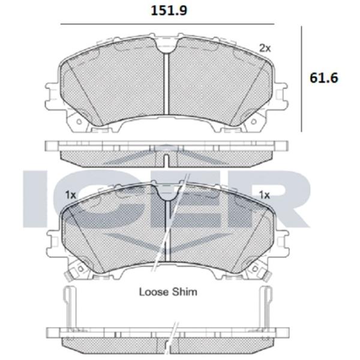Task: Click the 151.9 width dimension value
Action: click(x=169, y=11)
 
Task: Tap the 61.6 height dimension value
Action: click(x=324, y=78)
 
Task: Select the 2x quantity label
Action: click(x=265, y=48)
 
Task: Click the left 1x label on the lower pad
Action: click(x=70, y=195)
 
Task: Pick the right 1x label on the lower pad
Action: click(x=264, y=195)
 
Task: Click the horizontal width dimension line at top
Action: click(x=167, y=24)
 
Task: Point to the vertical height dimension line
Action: click(x=301, y=79)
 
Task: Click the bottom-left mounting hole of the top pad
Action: click(x=79, y=121)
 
